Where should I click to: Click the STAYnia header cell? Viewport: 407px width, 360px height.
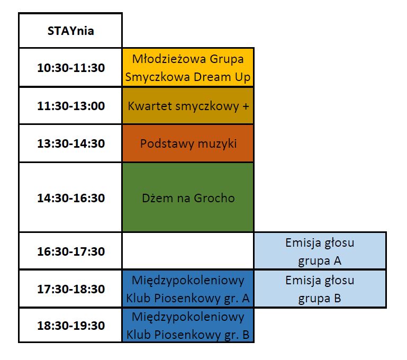pyautogui.click(x=70, y=30)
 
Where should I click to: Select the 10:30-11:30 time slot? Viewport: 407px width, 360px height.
pyautogui.click(x=70, y=67)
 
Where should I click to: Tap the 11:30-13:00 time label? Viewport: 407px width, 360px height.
pyautogui.click(x=71, y=106)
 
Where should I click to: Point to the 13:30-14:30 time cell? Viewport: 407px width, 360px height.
pyautogui.click(x=70, y=143)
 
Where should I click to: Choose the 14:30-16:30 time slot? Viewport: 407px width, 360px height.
pyautogui.click(x=70, y=197)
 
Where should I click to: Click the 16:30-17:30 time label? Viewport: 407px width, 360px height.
pyautogui.click(x=71, y=251)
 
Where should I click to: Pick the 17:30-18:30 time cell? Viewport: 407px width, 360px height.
pyautogui.click(x=70, y=289)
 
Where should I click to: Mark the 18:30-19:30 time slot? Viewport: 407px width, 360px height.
pyautogui.click(x=70, y=325)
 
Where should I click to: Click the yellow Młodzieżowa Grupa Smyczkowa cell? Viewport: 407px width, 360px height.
pyautogui.click(x=188, y=67)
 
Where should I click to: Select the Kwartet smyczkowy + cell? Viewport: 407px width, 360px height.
pyautogui.click(x=188, y=106)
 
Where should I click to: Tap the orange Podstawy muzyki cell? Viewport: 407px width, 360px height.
pyautogui.click(x=188, y=143)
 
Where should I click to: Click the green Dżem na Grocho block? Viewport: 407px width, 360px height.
pyautogui.click(x=188, y=197)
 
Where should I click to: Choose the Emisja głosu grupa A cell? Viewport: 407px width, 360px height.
pyautogui.click(x=320, y=251)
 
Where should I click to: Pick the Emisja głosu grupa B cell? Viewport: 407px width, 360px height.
pyautogui.click(x=320, y=289)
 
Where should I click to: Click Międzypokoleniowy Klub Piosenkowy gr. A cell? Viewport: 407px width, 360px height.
pyautogui.click(x=188, y=289)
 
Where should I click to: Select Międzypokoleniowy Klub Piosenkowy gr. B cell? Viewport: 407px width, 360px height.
pyautogui.click(x=188, y=325)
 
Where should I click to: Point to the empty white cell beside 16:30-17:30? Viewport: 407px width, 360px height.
pyautogui.click(x=188, y=251)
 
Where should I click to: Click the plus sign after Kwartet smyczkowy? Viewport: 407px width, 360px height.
pyautogui.click(x=246, y=106)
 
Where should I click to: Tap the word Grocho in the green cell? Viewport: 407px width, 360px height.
pyautogui.click(x=214, y=198)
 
